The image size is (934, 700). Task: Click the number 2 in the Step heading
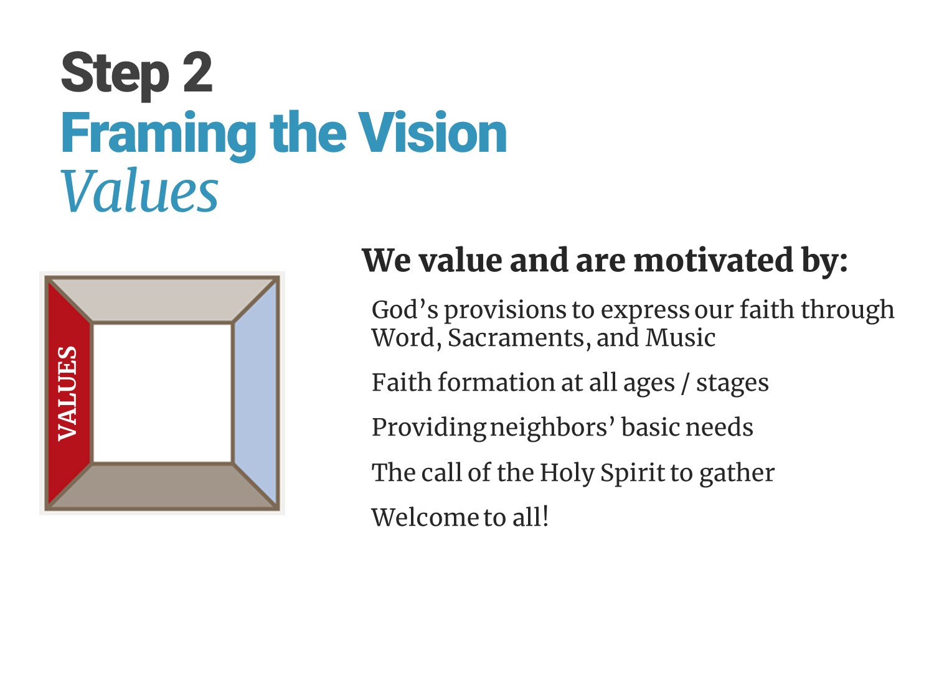pyautogui.click(x=197, y=72)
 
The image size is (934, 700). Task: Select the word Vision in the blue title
pyautogui.click(x=432, y=132)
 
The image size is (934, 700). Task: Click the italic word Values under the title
pyautogui.click(x=139, y=190)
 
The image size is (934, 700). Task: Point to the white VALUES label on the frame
pyautogui.click(x=68, y=394)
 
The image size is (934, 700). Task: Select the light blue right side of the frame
pyautogui.click(x=255, y=394)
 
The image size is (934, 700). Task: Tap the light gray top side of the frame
pyautogui.click(x=163, y=300)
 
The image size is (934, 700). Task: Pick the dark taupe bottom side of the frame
pyautogui.click(x=163, y=486)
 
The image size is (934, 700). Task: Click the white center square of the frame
pyautogui.click(x=163, y=393)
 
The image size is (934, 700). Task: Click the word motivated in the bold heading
pyautogui.click(x=714, y=260)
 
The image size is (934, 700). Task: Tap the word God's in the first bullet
pyautogui.click(x=405, y=309)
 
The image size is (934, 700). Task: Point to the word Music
pyautogui.click(x=681, y=338)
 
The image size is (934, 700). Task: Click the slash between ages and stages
pyautogui.click(x=685, y=383)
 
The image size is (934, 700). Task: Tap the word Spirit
pyautogui.click(x=632, y=473)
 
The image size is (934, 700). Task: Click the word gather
pyautogui.click(x=737, y=474)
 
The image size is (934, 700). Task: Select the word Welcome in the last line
pyautogui.click(x=425, y=517)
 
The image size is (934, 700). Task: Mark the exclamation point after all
pyautogui.click(x=545, y=516)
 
